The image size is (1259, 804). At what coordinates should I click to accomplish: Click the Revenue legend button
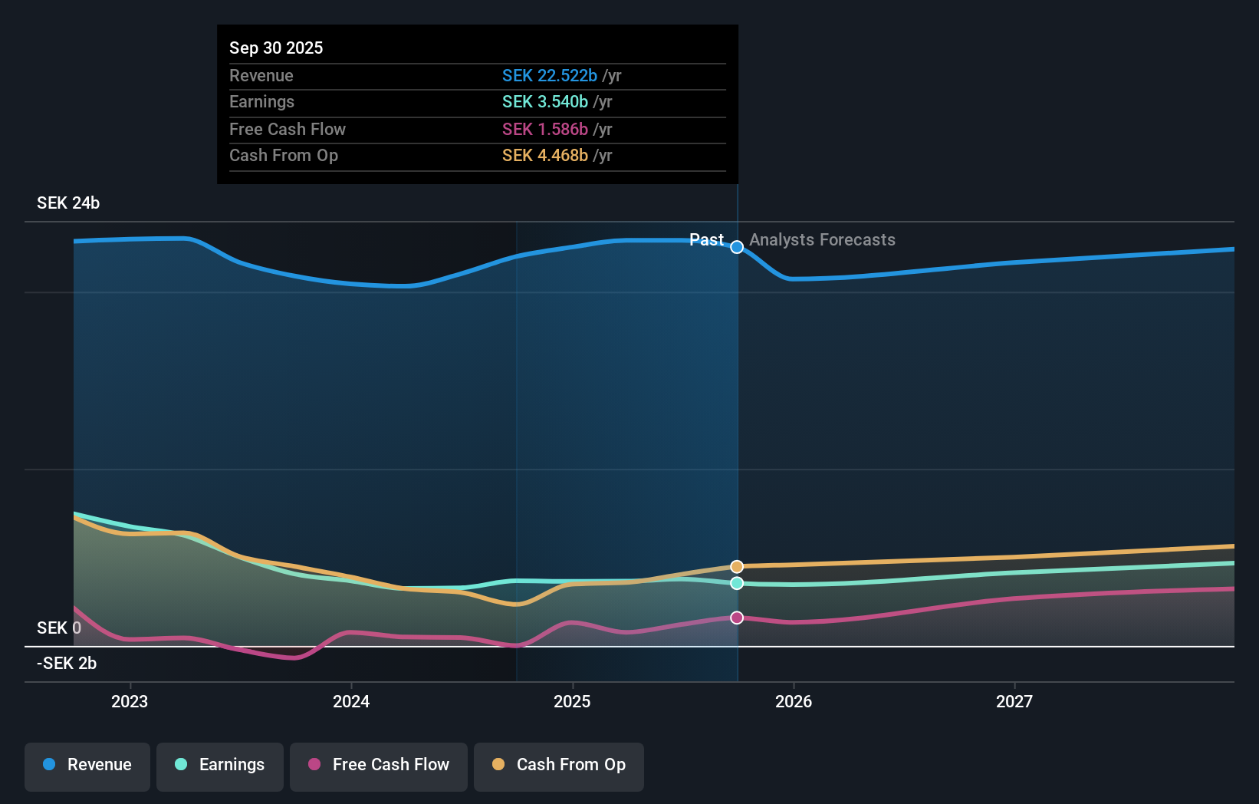87,766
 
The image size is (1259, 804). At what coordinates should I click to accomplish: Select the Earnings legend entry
220,766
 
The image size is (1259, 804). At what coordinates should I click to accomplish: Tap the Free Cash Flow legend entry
379,766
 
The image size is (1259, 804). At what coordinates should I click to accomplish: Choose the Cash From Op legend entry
559,766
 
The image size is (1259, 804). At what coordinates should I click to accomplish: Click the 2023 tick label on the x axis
130,701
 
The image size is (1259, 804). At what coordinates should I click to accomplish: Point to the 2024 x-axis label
351,701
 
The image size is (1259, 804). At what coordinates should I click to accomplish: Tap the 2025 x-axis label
572,701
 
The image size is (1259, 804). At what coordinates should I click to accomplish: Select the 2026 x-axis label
794,701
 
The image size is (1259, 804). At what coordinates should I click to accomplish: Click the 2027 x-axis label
1014,701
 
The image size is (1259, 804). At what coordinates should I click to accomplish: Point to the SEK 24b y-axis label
68,203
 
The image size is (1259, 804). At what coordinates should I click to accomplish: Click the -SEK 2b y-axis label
67,664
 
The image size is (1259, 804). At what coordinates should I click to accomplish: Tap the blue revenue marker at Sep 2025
737,247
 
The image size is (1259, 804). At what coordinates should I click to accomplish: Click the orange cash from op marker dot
737,567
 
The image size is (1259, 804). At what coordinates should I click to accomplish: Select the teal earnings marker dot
737,583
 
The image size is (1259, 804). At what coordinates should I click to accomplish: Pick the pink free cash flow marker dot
737,618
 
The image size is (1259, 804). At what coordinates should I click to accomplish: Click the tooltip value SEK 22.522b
549,76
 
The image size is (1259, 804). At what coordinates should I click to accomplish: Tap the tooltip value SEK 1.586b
544,130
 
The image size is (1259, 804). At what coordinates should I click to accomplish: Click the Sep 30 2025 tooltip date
276,48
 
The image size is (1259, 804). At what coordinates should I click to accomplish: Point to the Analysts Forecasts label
822,240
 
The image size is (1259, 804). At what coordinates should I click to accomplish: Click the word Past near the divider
706,240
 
